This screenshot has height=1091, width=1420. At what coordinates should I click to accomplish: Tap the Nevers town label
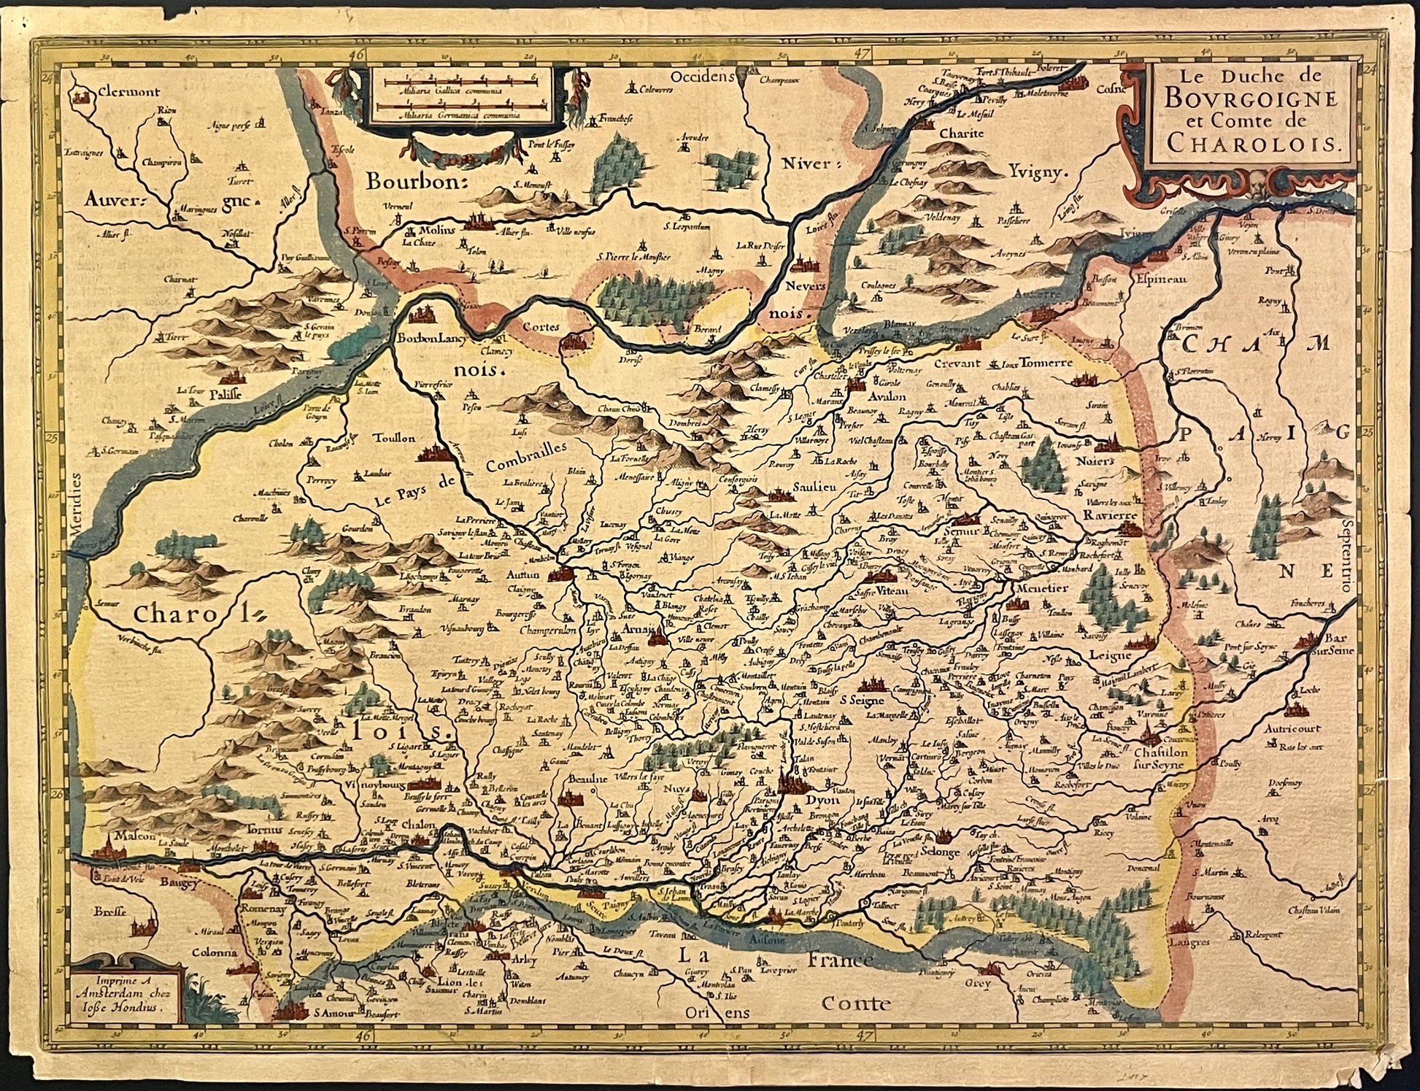806,286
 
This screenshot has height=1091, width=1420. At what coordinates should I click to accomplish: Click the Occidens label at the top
700,76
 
